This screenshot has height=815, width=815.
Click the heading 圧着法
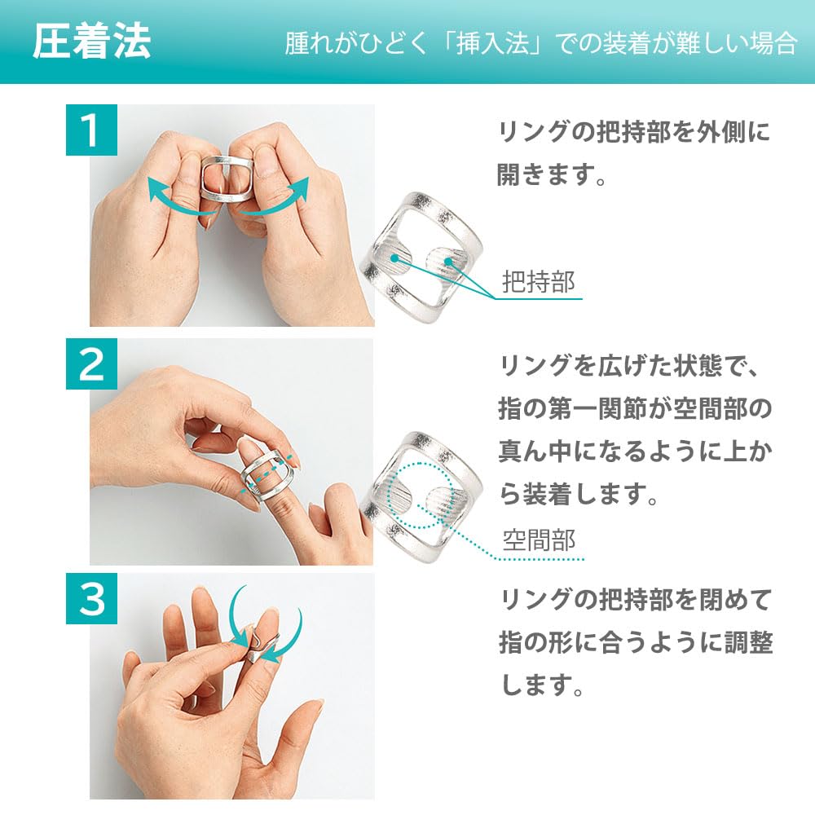(x=91, y=43)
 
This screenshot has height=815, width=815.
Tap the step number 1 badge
(x=90, y=130)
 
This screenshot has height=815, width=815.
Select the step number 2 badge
(x=90, y=365)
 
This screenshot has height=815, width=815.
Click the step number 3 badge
(x=90, y=600)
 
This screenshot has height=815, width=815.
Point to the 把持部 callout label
(x=539, y=282)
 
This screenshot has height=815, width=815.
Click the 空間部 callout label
(x=539, y=540)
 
